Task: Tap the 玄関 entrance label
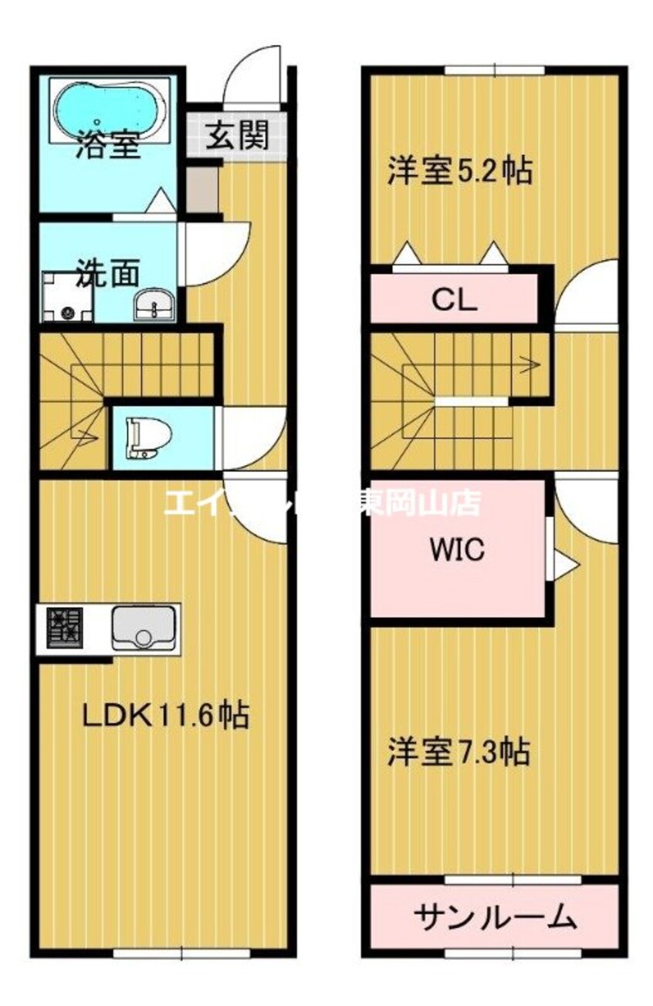click(238, 136)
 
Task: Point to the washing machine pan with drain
click(66, 296)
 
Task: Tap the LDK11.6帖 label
click(165, 716)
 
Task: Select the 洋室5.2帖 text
click(460, 170)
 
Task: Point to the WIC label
click(457, 550)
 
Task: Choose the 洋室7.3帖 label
click(458, 750)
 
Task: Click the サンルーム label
click(495, 917)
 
